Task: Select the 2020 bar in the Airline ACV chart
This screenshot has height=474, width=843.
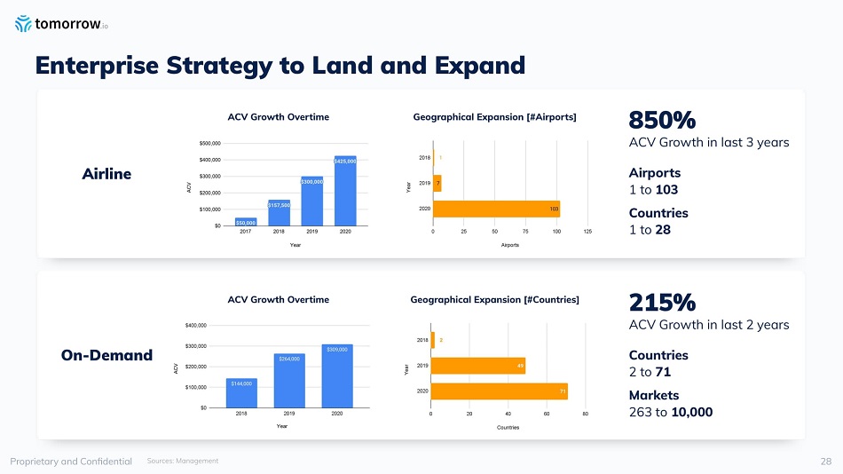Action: coord(345,191)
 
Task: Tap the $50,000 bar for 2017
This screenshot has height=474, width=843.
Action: coord(246,221)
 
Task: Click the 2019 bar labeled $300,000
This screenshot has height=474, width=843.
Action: coord(311,201)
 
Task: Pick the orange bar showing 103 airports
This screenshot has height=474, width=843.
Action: coord(496,209)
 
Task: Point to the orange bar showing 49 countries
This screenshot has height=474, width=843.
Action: coord(477,366)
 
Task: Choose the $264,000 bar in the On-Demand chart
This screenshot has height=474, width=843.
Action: coord(289,380)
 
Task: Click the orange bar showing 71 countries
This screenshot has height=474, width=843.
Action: coord(499,391)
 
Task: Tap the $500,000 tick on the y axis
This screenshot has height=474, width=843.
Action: coord(210,143)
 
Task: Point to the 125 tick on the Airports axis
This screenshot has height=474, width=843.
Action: coord(587,232)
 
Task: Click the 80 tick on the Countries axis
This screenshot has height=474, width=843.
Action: coord(585,415)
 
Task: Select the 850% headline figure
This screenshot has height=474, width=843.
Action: coord(661,120)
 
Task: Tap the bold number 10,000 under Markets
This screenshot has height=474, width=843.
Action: coord(693,412)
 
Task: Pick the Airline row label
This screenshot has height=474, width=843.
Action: coord(106,174)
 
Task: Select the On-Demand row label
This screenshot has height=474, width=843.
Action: coord(106,355)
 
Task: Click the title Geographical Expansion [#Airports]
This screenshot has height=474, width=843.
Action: coord(495,117)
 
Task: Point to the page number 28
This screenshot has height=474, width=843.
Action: coord(825,461)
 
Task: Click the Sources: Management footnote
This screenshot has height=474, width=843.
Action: coord(182,461)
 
